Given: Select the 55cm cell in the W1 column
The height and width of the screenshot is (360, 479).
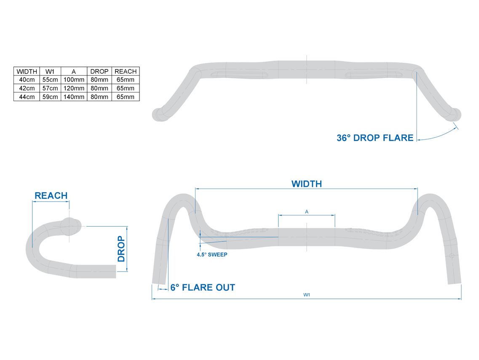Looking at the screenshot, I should (x=50, y=80).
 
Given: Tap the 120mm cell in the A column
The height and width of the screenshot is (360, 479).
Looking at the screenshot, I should (x=74, y=88).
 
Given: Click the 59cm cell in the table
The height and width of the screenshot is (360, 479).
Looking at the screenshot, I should (x=50, y=97).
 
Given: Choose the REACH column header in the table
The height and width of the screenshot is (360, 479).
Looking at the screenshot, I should (x=126, y=71).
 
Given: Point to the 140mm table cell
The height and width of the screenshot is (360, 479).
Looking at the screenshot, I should (x=74, y=97).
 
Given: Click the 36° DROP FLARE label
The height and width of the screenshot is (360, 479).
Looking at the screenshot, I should (x=375, y=138).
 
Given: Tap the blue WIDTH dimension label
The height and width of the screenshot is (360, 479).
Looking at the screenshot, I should (x=306, y=184).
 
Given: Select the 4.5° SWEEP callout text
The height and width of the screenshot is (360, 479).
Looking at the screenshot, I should (x=212, y=255).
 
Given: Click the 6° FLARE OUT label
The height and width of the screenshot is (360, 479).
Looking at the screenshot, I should (x=203, y=288).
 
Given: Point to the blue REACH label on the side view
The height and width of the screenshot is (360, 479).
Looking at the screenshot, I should (x=51, y=196).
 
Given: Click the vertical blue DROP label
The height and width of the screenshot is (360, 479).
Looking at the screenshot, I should (x=121, y=249).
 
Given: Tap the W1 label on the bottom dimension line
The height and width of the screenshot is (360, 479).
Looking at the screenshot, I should (x=306, y=295).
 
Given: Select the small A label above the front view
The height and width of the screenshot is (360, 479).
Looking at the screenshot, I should (x=307, y=212).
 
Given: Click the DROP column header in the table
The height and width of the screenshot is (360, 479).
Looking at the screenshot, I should (x=99, y=71).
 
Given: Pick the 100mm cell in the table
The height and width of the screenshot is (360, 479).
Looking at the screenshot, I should (x=74, y=80).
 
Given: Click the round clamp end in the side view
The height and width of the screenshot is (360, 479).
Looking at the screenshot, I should (x=70, y=225).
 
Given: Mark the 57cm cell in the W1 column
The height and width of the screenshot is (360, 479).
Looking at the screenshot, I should (x=50, y=88).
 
